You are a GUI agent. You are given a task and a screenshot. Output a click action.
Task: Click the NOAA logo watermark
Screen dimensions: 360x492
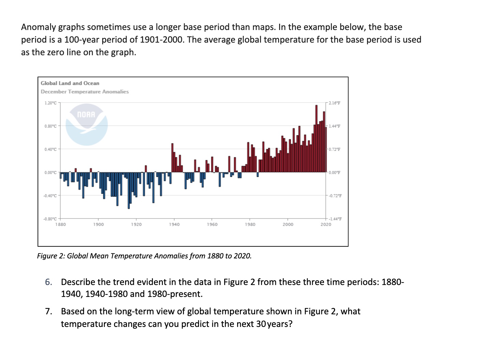coord(87,124)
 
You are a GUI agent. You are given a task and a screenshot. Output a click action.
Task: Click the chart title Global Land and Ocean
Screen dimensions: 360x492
coord(70,83)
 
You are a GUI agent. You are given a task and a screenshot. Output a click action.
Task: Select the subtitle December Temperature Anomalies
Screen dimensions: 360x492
coord(85,92)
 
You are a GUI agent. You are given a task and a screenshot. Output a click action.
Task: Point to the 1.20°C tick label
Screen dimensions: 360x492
coord(50,103)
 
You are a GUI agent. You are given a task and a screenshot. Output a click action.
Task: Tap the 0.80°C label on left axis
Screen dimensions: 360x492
coord(50,126)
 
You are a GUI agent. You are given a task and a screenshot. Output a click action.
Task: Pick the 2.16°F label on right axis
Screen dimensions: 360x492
coord(334,103)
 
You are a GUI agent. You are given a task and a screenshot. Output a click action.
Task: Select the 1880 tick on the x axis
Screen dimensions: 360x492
coord(61,224)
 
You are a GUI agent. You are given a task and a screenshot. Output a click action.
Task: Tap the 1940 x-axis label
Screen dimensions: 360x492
coord(174,224)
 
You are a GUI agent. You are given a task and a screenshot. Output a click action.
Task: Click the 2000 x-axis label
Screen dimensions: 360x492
coord(288,224)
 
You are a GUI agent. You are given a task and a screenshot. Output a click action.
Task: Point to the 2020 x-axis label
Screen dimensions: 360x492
coord(325,224)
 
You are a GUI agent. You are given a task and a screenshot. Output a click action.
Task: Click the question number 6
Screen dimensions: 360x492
coord(48,282)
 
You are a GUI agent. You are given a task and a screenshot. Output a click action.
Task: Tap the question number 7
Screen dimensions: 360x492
coord(48,311)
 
